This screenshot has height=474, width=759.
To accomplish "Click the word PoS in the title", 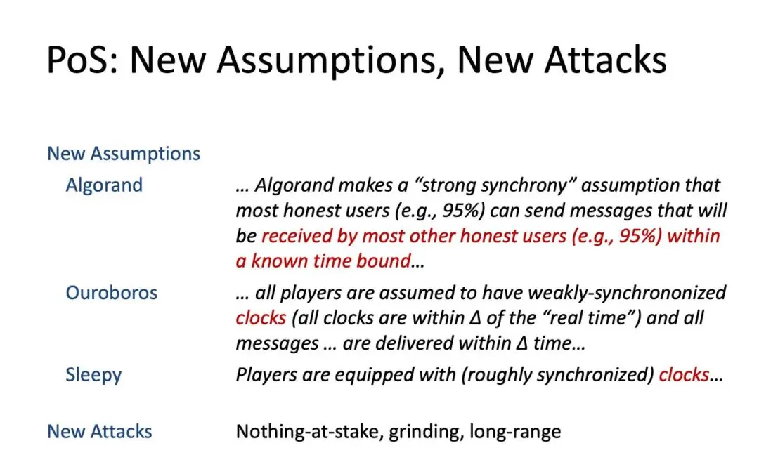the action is point(82,60).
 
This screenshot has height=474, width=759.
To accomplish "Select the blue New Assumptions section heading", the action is point(124,154).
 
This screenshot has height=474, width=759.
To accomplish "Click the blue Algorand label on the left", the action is point(104,185).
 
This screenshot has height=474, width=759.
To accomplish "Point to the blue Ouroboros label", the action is point(111,293).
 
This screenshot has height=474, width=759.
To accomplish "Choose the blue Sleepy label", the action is point(93,375).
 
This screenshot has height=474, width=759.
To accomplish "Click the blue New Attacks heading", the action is point(99,431).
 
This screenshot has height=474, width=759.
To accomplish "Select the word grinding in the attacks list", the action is point(425,432).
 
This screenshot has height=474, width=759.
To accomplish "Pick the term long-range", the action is point(515,432).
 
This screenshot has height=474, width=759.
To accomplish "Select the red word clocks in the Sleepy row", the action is point(684,375).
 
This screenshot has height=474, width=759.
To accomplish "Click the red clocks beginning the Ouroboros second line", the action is point(261,318).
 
